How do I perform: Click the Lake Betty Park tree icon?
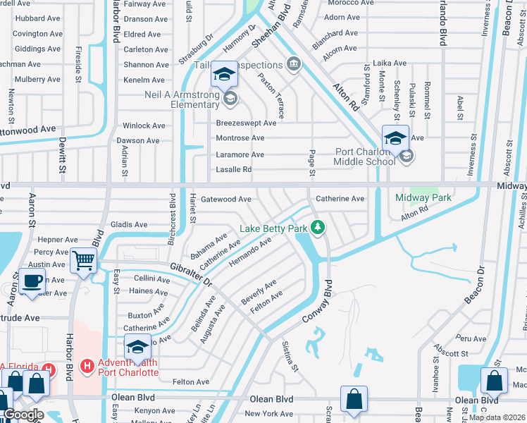click(x=318, y=226)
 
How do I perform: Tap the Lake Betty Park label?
click(x=273, y=228)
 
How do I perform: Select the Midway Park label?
click(x=423, y=198)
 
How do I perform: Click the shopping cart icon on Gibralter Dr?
click(x=84, y=260)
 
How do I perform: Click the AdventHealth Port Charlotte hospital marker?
click(x=87, y=367)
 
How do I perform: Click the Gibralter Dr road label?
click(x=190, y=274)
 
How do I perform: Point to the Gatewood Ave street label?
click(x=226, y=200)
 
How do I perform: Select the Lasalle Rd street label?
click(x=233, y=169)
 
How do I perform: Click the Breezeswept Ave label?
click(x=246, y=123)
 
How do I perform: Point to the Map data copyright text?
click(x=497, y=417)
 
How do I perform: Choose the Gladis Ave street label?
click(x=129, y=225)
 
